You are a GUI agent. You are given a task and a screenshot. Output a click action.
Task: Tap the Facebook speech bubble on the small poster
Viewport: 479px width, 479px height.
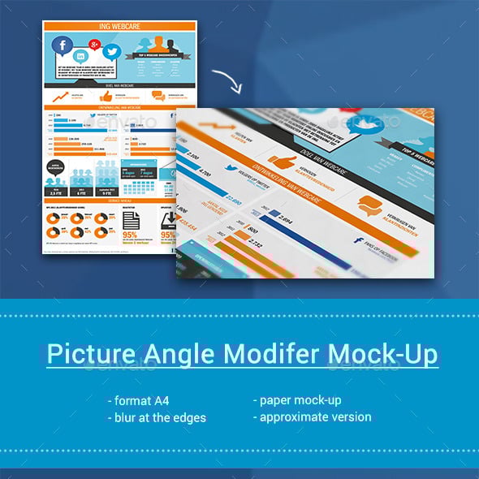[x=63, y=46]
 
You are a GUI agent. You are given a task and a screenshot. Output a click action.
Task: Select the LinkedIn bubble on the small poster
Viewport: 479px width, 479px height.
[x=81, y=56]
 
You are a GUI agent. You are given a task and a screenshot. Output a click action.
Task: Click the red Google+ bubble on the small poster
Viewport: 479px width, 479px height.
[x=95, y=42]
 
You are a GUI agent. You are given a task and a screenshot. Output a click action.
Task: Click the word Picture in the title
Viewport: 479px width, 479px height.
[x=82, y=355]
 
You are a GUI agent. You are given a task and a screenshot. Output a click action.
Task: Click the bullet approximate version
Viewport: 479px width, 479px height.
[x=312, y=417]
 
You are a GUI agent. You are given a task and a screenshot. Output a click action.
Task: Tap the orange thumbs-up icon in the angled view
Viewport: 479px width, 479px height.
[x=282, y=158]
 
